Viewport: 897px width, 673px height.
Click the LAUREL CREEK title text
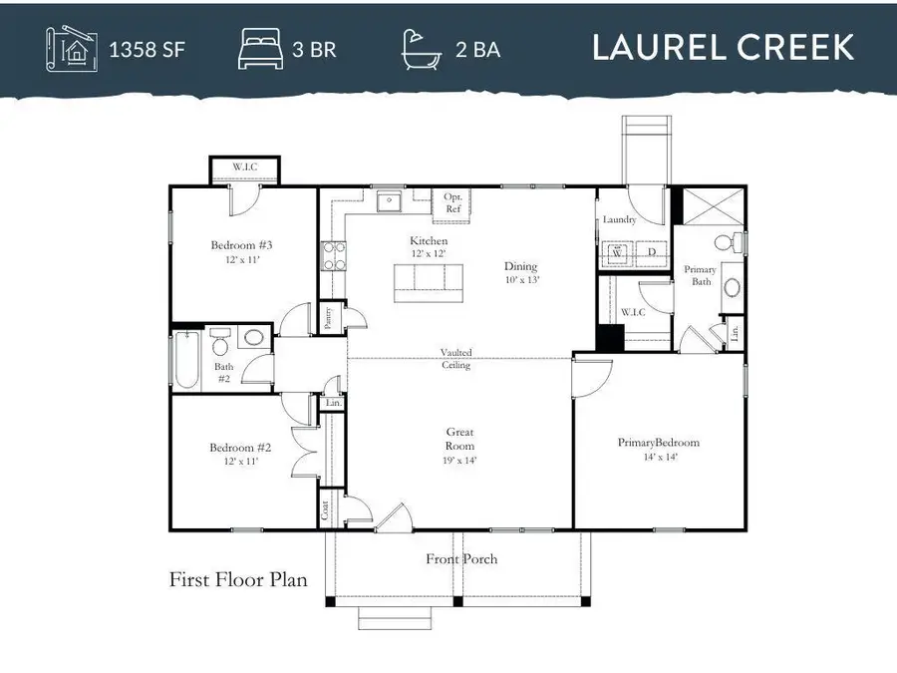(723, 47)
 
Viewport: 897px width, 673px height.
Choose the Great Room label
(459, 440)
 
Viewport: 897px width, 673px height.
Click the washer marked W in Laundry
(618, 253)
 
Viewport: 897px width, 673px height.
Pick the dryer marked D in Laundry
(651, 253)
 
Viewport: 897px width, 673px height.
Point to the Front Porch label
(461, 559)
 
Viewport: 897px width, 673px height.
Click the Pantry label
(330, 318)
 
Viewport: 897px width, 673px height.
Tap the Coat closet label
(326, 510)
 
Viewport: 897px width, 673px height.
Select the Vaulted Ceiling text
(457, 359)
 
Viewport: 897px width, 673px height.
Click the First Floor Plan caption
(238, 579)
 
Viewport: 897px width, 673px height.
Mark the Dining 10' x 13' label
(520, 272)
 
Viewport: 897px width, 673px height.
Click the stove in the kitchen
(332, 256)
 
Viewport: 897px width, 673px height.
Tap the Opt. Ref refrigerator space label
(452, 203)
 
